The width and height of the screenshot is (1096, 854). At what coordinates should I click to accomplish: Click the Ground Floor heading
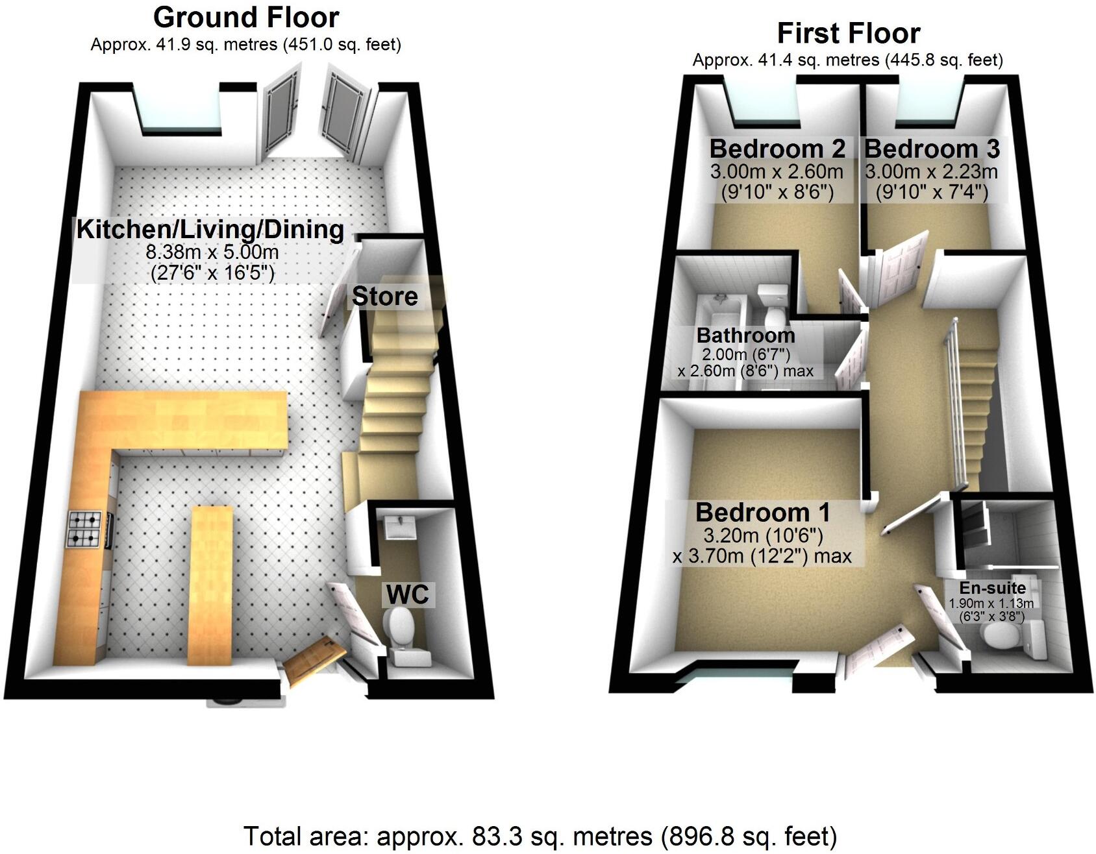245,18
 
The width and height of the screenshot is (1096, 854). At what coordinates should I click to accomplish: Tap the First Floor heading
848,33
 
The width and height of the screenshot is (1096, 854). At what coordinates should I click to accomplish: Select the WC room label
407,594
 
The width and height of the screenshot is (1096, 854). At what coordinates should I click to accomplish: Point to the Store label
384,297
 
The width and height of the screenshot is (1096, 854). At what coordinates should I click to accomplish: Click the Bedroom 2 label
777,149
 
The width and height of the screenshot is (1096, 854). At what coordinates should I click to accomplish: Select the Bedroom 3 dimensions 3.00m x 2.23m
931,172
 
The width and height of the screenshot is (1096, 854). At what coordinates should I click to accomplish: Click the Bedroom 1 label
762,513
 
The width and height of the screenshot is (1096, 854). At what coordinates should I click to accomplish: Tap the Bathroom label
745,335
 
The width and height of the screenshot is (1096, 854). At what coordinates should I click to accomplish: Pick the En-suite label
992,588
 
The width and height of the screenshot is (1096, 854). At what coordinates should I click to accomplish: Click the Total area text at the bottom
540,836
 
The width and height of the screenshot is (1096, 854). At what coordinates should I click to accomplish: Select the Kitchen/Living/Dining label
210,230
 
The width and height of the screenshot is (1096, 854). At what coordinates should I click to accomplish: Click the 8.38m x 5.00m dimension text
212,252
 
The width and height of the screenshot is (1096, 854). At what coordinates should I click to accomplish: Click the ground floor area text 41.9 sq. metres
245,45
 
